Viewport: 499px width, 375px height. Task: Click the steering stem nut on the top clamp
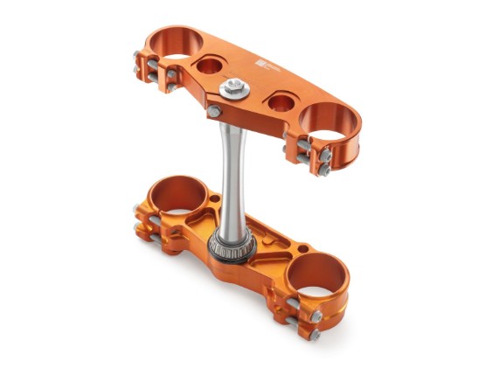[x=233, y=87]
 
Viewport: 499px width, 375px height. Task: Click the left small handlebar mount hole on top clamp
[x=211, y=65]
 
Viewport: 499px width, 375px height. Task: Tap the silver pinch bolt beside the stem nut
[x=214, y=111]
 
